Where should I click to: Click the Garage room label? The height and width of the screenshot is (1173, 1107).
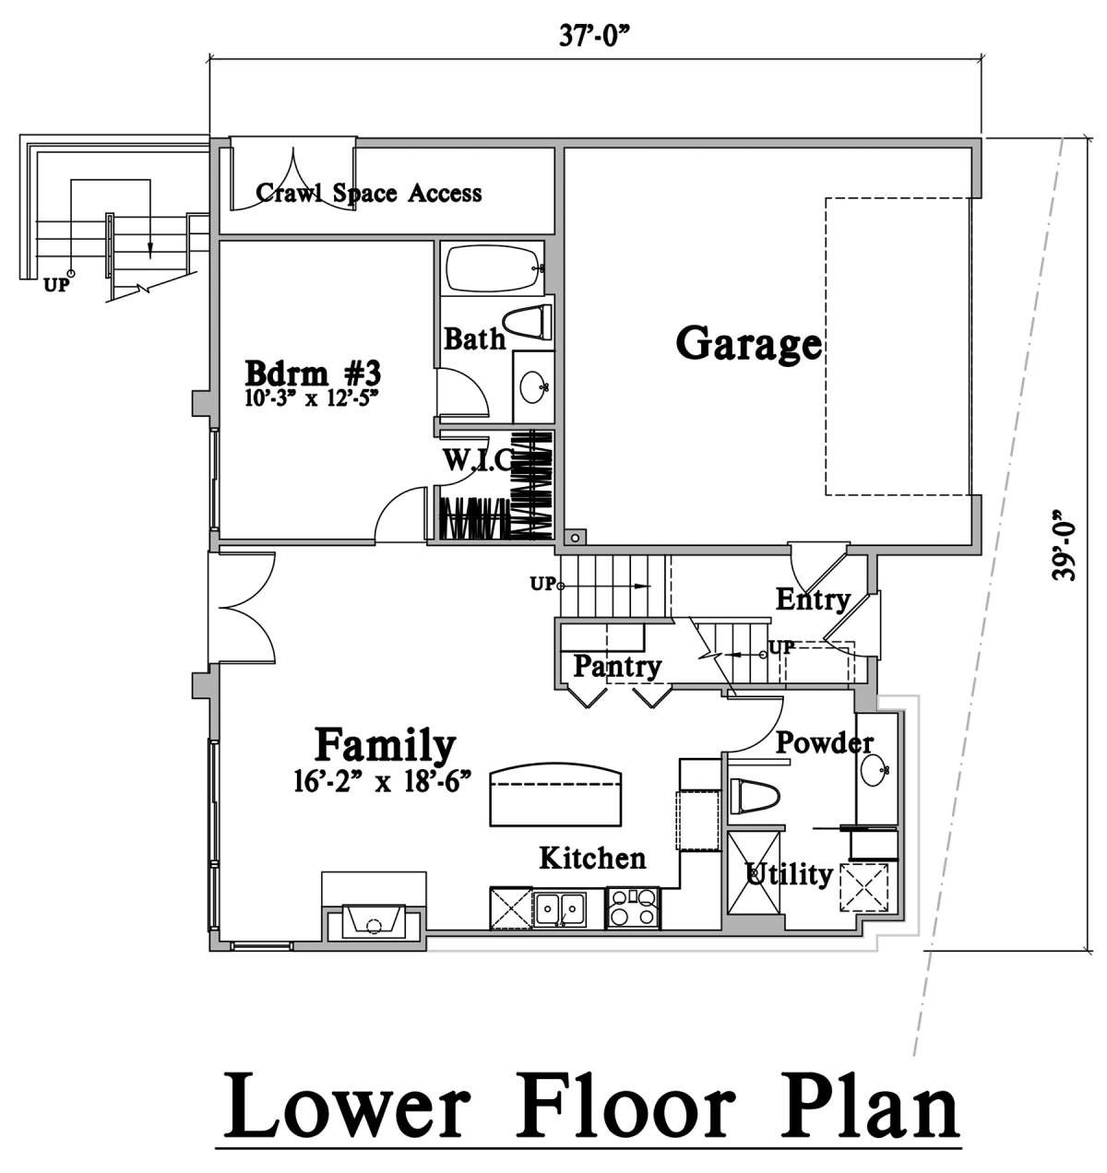tap(749, 345)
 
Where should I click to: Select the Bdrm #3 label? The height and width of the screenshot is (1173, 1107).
tap(314, 373)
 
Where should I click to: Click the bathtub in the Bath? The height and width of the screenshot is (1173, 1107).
tap(492, 268)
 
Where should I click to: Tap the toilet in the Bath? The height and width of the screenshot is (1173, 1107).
tap(527, 322)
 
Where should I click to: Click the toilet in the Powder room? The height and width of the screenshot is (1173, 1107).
tap(752, 796)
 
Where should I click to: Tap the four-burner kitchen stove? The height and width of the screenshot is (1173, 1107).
tap(633, 907)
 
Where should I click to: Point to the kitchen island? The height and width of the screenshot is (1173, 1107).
tap(556, 793)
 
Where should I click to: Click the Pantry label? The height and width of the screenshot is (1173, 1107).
tap(617, 668)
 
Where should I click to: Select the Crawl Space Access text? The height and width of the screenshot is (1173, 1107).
tap(369, 193)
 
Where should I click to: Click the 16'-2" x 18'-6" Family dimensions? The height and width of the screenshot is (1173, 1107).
tap(384, 783)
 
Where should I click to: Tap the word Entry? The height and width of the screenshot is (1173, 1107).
tap(813, 600)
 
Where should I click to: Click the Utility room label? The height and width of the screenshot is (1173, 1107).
tap(789, 875)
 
